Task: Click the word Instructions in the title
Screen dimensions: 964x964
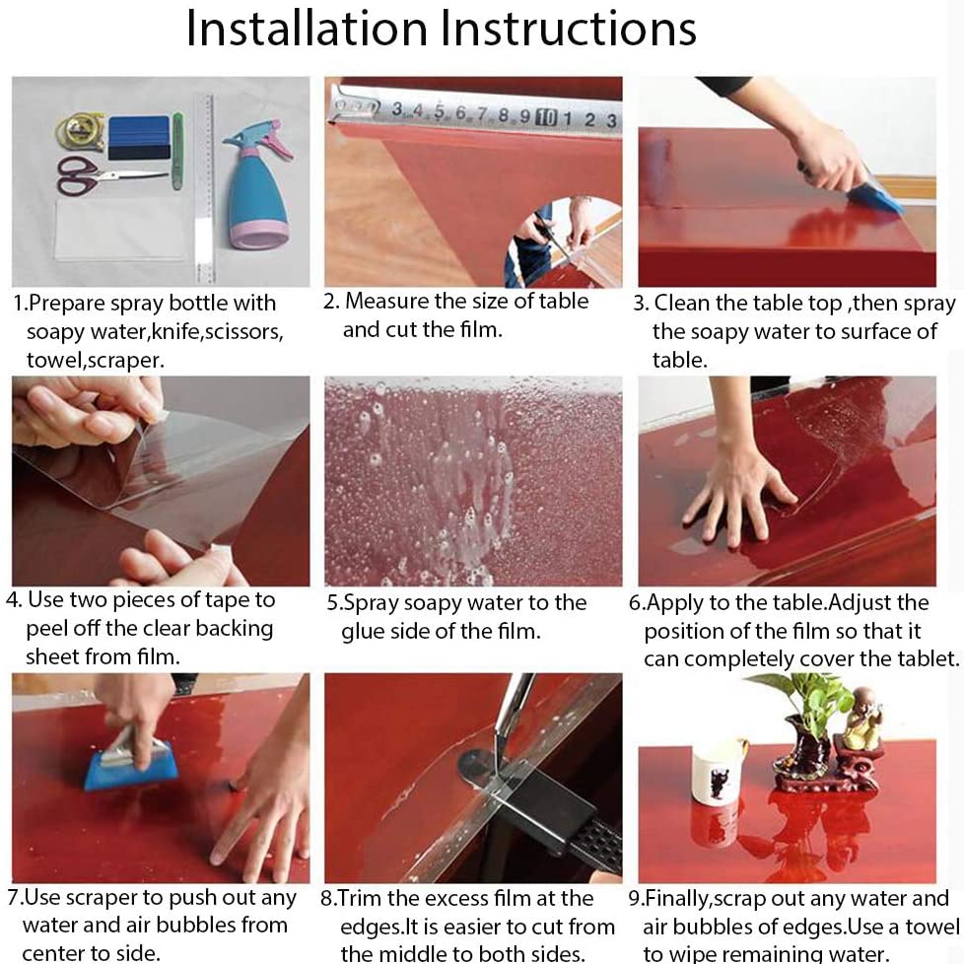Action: pos(569,30)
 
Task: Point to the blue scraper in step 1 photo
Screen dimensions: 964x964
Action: pos(139,138)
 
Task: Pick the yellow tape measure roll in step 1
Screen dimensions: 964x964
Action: pos(80,131)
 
